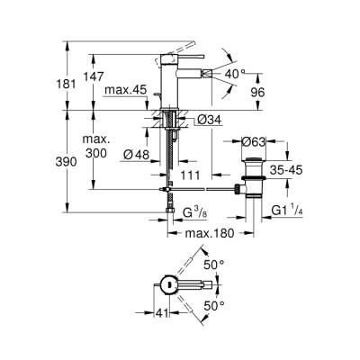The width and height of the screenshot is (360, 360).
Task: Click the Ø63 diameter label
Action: pyautogui.click(x=255, y=141)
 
